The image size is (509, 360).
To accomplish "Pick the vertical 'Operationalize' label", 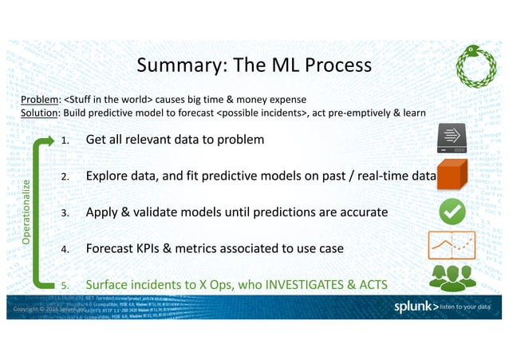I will tap(26, 212).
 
